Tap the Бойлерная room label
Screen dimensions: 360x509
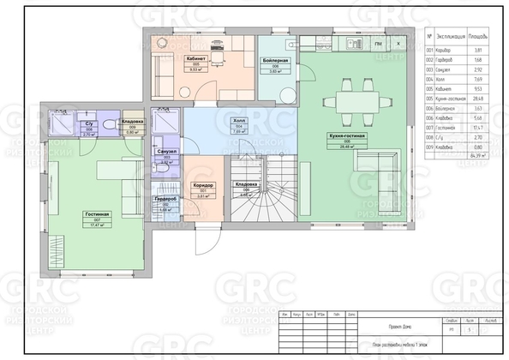pyautogui.click(x=275, y=61)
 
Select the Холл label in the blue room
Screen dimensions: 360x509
pyautogui.click(x=239, y=122)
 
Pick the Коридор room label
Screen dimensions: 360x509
pyautogui.click(x=203, y=186)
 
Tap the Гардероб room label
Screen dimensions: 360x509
pyautogui.click(x=165, y=200)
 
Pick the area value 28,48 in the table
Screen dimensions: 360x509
pyautogui.click(x=481, y=99)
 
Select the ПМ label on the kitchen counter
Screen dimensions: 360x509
pyautogui.click(x=377, y=42)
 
